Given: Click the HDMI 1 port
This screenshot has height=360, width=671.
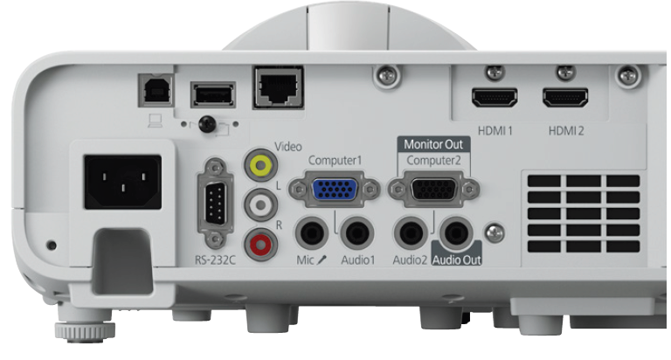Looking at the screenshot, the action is coord(495,98).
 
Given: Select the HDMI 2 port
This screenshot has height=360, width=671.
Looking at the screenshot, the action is coord(565,98).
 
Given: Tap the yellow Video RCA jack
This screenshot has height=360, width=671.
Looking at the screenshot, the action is coord(260,164).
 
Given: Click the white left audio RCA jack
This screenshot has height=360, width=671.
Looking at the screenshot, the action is coord(260,205).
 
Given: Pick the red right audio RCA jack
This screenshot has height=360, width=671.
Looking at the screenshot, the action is coord(260,245).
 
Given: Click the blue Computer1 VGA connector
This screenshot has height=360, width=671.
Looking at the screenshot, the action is coord(335,190).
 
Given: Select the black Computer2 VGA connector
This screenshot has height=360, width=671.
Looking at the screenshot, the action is coord(433,189).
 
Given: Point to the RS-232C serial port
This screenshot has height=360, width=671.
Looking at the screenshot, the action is coord(216,203).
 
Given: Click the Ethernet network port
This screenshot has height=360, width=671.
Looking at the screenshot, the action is coord(279,87).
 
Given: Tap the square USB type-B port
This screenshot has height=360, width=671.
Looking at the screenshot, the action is coord(156,90).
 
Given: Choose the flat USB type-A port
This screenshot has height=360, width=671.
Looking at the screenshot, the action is coord(213,94).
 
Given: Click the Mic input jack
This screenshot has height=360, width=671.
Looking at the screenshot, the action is coord(312,233).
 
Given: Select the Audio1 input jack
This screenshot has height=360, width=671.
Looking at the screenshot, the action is coord(357,233).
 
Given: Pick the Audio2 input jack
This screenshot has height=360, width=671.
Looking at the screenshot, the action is coord(411,233).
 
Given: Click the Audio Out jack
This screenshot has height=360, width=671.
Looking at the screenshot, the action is coord(456,233).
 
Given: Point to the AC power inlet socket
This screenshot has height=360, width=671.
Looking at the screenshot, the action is coord(123,182).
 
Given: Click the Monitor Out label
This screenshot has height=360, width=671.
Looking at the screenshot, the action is coord(433,144).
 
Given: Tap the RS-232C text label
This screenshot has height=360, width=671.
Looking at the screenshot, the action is coord(215,260).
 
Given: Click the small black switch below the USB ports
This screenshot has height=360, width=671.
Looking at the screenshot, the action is coord(207,124).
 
